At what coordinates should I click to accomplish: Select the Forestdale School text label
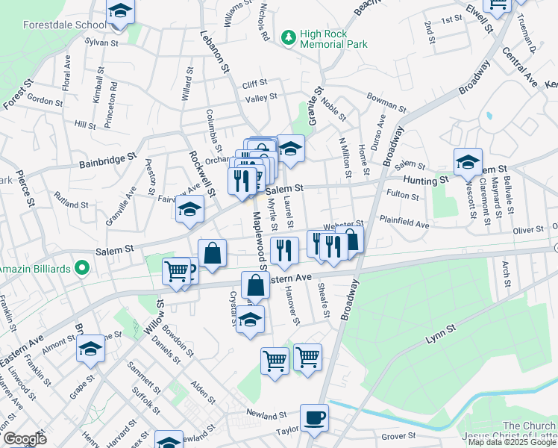point(54,25)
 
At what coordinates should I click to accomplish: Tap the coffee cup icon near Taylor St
point(314,418)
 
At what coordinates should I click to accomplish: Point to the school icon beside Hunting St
point(468,161)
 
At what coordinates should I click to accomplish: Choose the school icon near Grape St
point(90,349)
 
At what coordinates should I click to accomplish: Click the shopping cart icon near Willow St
point(177,271)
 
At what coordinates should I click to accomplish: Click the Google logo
point(24,439)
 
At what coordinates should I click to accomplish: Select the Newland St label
point(268,415)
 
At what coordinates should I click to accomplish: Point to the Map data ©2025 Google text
point(512,441)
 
